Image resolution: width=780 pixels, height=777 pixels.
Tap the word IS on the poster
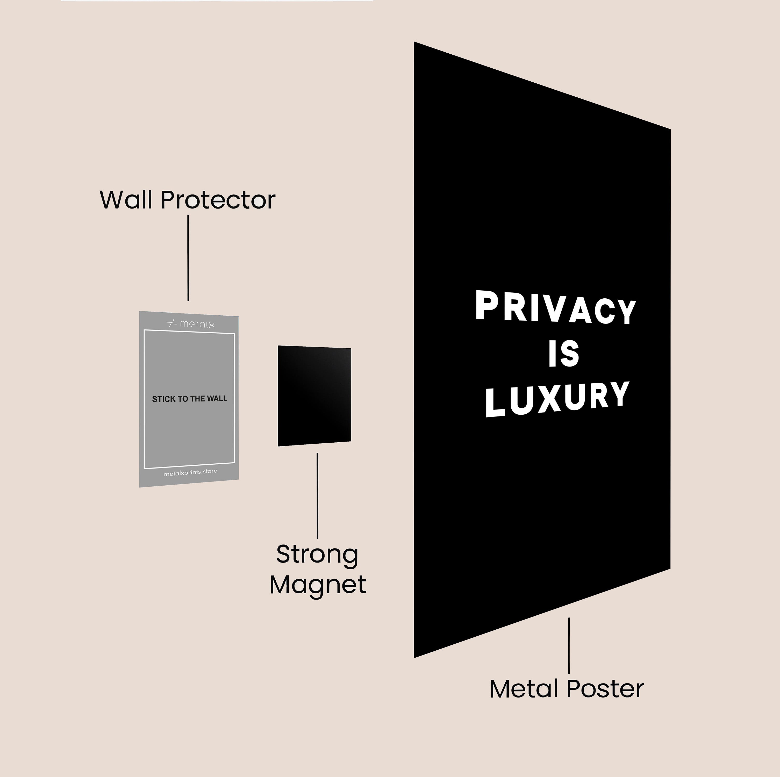coord(564,354)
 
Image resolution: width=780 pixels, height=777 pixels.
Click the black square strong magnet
coord(314,395)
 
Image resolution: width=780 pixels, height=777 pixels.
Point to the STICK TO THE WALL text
coord(189,399)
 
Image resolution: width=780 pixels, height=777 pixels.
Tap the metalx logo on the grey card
coord(191,324)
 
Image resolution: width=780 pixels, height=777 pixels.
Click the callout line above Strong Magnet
coord(317,496)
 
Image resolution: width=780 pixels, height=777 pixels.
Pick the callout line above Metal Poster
coord(569,646)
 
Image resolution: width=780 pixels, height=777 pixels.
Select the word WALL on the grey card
coord(217,398)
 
